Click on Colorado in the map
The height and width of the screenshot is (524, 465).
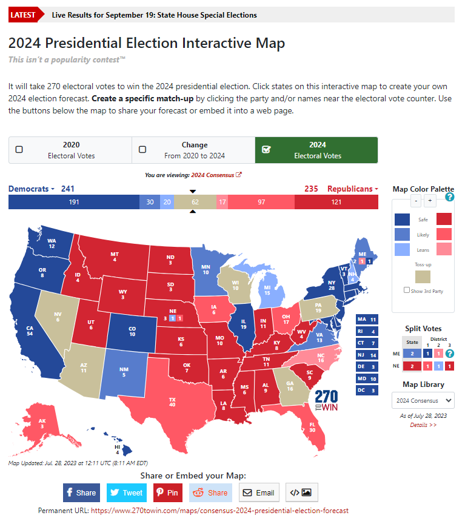click(x=132, y=331)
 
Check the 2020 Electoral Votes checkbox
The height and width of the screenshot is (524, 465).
click(x=19, y=150)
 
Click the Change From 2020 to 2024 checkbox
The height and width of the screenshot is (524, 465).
click(x=142, y=150)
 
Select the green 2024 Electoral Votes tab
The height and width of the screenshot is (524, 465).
click(x=316, y=150)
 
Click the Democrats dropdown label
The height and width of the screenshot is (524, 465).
click(x=31, y=189)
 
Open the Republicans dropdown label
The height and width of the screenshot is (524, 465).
click(x=352, y=189)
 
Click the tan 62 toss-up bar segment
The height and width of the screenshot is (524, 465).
click(x=195, y=203)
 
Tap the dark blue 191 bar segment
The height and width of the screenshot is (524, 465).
click(x=73, y=203)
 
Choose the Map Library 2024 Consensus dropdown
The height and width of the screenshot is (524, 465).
click(x=423, y=400)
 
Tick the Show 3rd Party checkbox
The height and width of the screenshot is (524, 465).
click(x=407, y=291)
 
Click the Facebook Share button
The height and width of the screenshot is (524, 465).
click(x=81, y=492)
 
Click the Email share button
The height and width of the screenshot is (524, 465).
click(x=259, y=492)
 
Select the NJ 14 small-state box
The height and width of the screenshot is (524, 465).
click(x=367, y=355)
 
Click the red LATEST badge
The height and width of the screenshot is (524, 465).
click(x=23, y=15)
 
